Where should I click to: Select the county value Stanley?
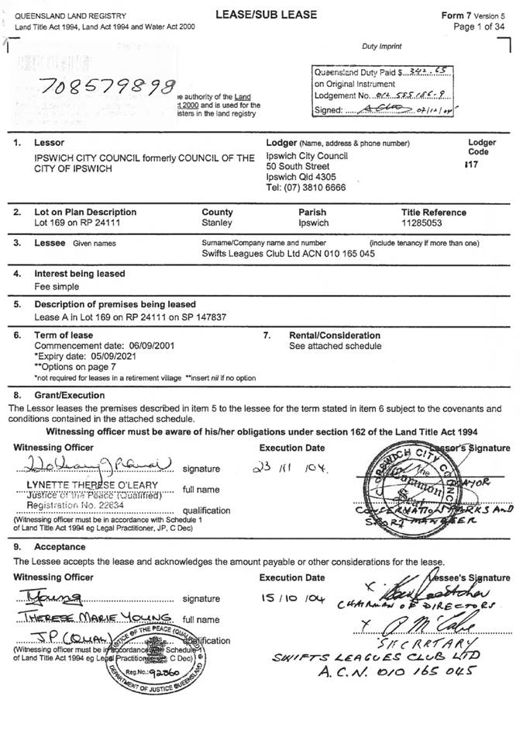(x=216, y=223)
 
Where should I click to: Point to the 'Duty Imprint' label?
(x=382, y=47)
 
